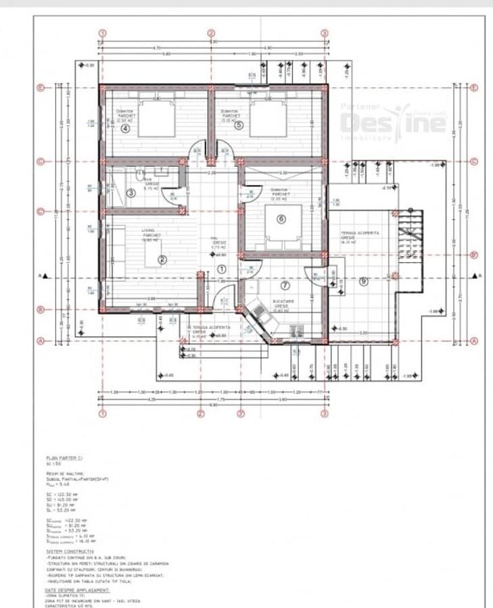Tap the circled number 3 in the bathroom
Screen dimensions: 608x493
click(131, 193)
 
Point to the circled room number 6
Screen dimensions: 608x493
click(281, 218)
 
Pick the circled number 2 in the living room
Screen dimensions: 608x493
click(162, 259)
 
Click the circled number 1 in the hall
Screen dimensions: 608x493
click(222, 268)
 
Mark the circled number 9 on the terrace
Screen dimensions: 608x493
click(363, 282)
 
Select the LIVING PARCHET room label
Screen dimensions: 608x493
click(149, 233)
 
